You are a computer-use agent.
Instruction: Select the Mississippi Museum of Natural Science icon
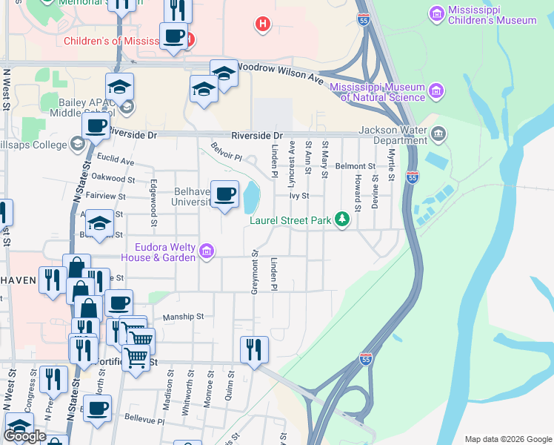tap(436, 92)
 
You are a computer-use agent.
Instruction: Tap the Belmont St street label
tap(350, 166)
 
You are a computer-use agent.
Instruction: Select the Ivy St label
tap(298, 197)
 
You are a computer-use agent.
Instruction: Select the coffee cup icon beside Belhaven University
tap(225, 194)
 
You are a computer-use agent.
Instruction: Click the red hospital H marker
tap(261, 25)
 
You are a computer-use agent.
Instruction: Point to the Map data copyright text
tap(507, 439)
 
